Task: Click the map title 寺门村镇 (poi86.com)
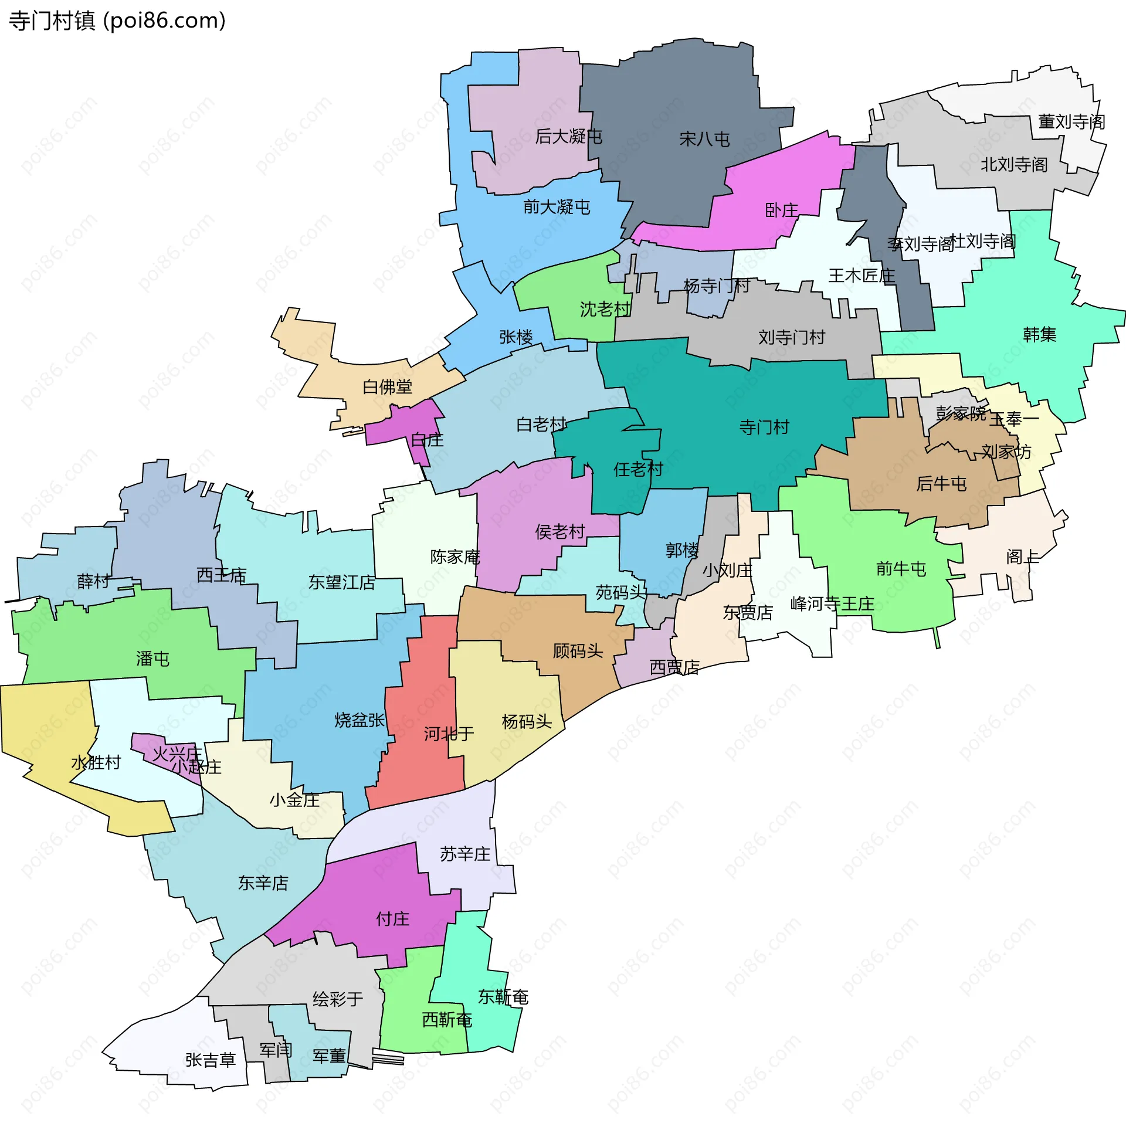coord(117,21)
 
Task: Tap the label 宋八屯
coord(704,139)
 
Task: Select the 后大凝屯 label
coord(568,137)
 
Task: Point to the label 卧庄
coord(781,211)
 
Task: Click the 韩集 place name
coord(1039,335)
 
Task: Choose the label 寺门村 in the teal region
coord(764,427)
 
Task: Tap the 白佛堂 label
coord(387,387)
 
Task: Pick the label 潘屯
coord(152,659)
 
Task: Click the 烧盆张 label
coord(359,720)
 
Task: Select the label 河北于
coord(449,734)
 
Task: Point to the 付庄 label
coord(392,919)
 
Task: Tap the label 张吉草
coord(210,1060)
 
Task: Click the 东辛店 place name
coord(263,883)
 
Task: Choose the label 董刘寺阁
coord(1071,122)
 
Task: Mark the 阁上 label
coord(1023,557)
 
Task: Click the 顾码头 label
coord(578,651)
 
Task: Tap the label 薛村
coord(93,581)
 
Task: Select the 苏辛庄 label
coord(465,854)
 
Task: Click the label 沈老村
coord(605,310)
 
